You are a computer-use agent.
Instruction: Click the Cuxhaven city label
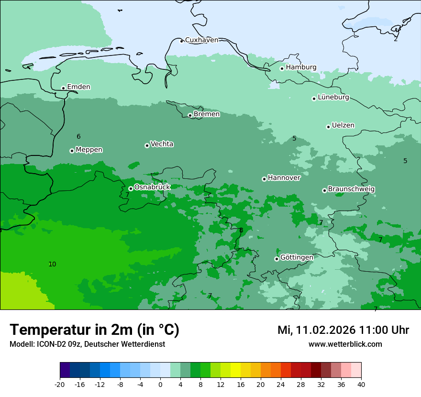click(x=201, y=40)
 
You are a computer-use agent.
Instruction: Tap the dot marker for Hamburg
click(x=282, y=68)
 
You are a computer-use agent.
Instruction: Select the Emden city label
click(x=78, y=87)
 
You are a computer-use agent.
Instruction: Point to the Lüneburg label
click(x=333, y=97)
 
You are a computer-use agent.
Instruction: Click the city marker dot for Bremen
click(x=190, y=115)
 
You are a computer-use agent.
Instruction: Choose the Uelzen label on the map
click(x=343, y=125)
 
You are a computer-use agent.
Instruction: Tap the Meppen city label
click(x=89, y=150)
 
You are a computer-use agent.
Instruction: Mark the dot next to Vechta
click(x=147, y=145)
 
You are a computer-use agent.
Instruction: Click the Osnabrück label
click(x=152, y=187)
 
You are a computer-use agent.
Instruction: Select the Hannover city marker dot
click(x=264, y=179)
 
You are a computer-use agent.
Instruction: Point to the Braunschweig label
click(x=351, y=189)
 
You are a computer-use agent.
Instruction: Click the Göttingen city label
click(x=297, y=257)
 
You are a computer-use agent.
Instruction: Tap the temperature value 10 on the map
click(x=52, y=264)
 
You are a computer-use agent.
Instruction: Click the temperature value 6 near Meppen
click(x=78, y=137)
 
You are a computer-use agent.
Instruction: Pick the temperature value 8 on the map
click(x=241, y=231)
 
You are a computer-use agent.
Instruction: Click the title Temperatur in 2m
click(x=94, y=330)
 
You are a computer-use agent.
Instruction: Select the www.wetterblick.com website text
click(x=345, y=344)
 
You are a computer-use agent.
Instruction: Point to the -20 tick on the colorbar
click(x=60, y=384)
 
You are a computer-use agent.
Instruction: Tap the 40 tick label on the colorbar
click(x=361, y=384)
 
